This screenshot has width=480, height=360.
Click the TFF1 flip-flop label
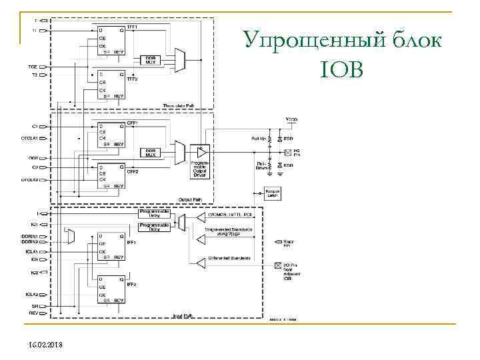pos(132,27)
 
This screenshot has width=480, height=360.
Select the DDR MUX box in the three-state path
pos(151,59)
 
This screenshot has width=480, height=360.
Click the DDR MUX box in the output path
pos(151,153)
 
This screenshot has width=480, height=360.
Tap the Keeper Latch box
pos(272,193)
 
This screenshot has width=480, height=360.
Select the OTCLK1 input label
pos(29,138)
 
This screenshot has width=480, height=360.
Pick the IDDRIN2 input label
pos(29,242)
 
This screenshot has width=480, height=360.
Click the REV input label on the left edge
pos(33,312)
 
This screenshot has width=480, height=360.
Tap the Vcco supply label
pos(292,119)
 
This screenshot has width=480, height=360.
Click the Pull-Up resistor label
pos(259,139)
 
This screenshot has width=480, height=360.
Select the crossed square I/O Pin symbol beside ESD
pos(279,153)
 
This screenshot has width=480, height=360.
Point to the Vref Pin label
pos(289,243)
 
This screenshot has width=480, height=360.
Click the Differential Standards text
pos(228,258)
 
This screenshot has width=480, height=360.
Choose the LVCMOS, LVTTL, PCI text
pos(228,216)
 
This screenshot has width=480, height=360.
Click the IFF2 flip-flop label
pos(132,285)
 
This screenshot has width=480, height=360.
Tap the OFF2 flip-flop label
pos(132,172)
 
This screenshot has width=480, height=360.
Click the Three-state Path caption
pos(178,105)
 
